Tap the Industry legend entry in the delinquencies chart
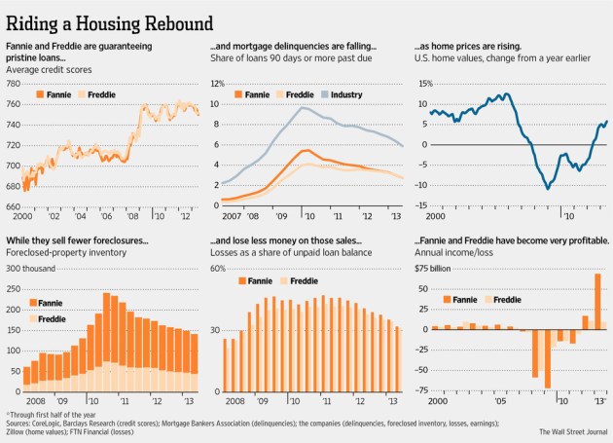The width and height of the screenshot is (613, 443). (x=344, y=95)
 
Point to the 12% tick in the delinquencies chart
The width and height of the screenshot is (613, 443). (x=216, y=85)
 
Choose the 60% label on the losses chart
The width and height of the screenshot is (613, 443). (x=220, y=268)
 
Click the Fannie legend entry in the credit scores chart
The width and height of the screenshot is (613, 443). (x=53, y=94)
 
